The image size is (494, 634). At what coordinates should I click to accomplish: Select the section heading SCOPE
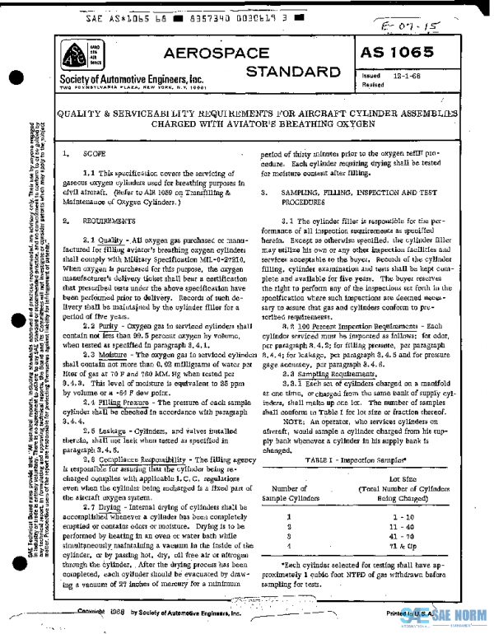coord(94,154)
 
